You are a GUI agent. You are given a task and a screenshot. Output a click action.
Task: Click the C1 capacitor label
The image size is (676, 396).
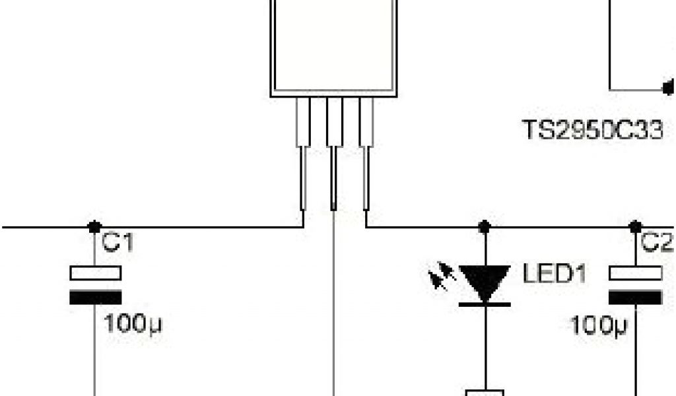pos(118,244)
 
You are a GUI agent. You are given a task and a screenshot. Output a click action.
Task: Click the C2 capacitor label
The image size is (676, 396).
pos(655,244)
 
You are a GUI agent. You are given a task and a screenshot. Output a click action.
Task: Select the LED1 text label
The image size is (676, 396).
pos(555,273)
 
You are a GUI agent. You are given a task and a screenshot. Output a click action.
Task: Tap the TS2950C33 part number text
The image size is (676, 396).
pos(592,130)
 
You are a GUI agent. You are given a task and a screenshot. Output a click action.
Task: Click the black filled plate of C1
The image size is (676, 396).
pos(95,297)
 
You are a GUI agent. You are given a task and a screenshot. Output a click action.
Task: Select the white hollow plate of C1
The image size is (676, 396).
pos(95,273)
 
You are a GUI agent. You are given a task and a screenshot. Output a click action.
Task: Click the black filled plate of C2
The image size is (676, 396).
pos(635,297)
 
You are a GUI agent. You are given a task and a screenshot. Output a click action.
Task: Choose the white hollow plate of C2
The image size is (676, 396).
pos(635,273)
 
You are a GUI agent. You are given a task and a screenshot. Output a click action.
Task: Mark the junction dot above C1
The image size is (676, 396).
pos(95,226)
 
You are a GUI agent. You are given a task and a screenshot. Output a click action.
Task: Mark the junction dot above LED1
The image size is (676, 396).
pos(485,226)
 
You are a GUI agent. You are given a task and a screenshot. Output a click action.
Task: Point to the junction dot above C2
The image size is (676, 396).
pos(635,226)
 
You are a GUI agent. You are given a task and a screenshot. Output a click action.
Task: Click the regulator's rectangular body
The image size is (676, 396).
pos(334,46)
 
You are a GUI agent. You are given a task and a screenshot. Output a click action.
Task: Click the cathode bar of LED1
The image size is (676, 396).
pos(485,304)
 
